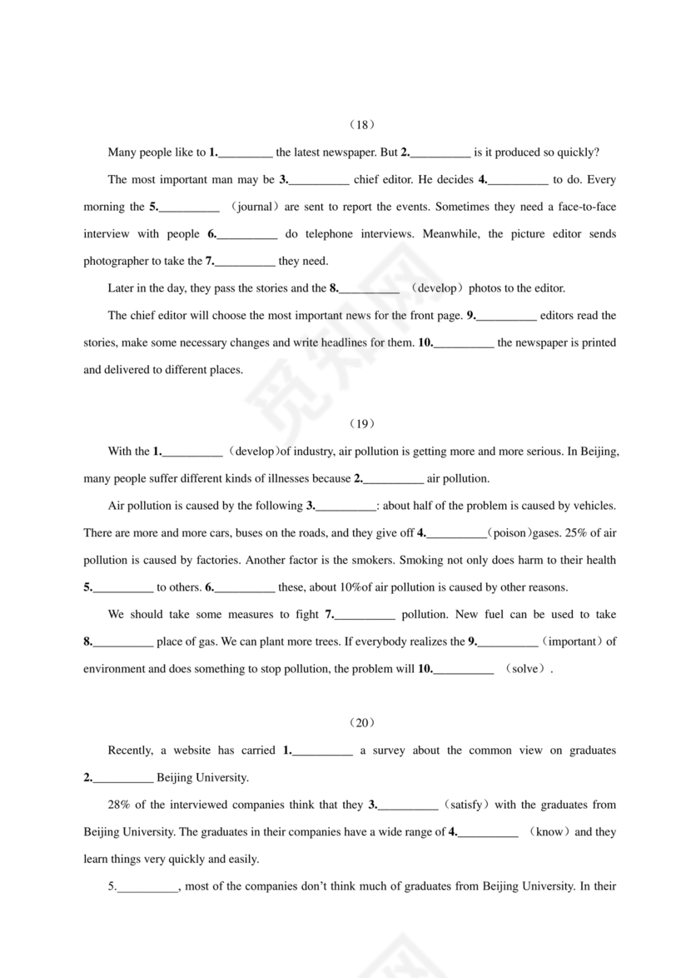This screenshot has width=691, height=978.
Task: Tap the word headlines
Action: [x=382, y=342]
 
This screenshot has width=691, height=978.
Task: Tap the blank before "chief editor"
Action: [x=318, y=180]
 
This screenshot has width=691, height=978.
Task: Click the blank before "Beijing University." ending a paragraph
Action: [x=122, y=778]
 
